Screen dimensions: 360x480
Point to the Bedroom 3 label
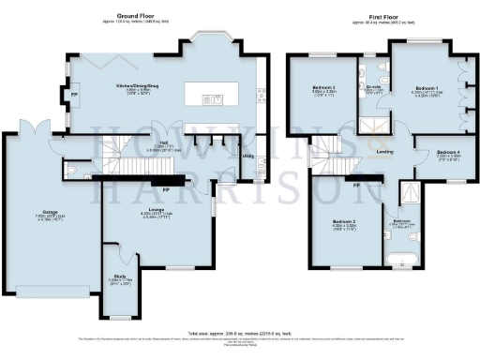point(322,90)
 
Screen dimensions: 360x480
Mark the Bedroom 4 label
point(448,152)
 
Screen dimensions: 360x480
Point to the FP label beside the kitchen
point(74,95)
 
